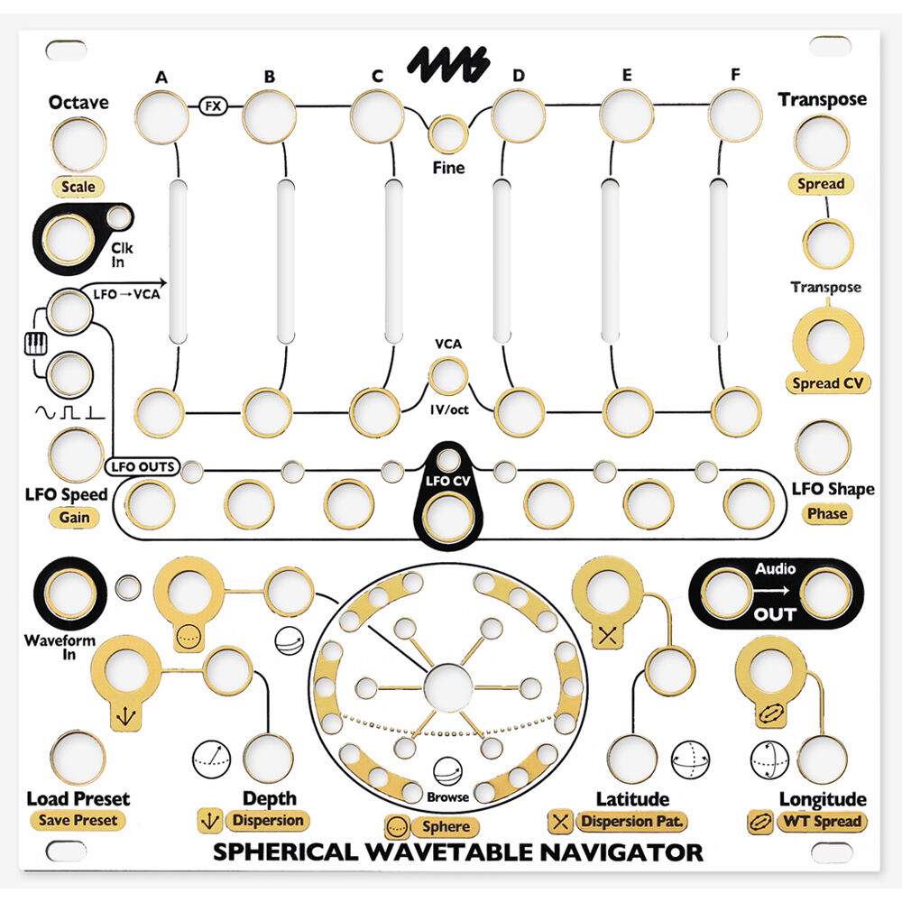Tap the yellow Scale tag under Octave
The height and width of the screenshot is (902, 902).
coord(77,188)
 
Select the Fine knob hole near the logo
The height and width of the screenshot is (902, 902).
coord(448,134)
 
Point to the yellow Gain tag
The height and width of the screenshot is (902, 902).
coord(74,518)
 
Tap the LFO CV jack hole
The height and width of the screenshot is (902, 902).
coord(448,517)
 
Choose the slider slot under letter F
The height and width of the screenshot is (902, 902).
coord(718,262)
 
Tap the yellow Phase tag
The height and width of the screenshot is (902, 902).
coord(826,513)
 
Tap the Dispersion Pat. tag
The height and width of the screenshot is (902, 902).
coord(631,822)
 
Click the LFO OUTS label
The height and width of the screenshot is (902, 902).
coord(143,467)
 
